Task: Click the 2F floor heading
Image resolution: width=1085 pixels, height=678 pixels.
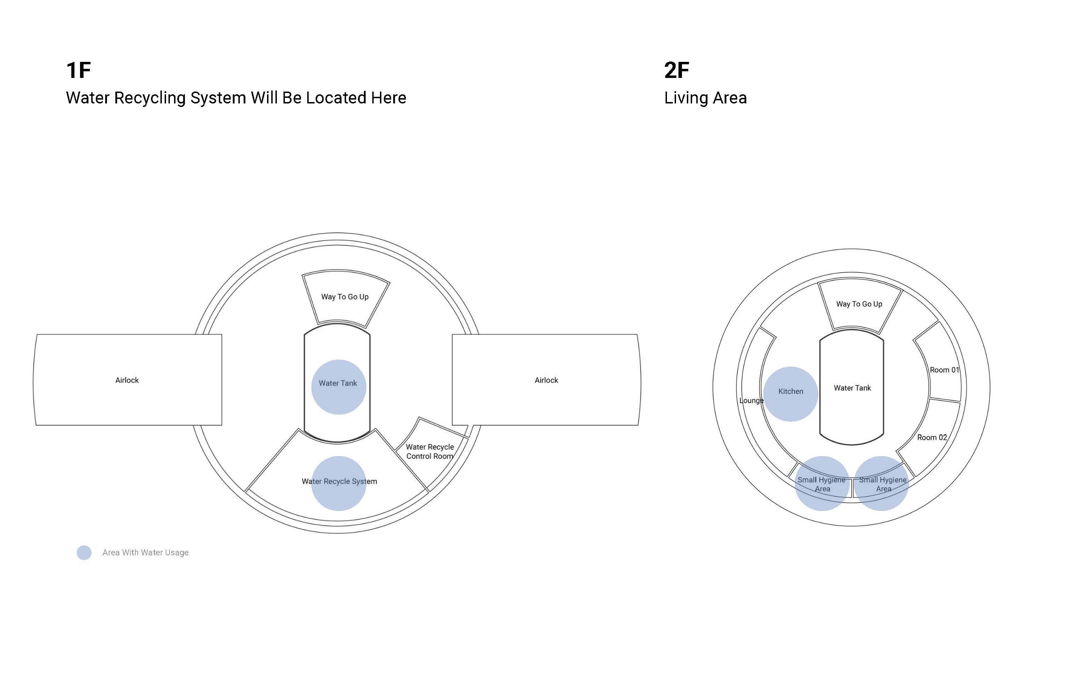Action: [x=677, y=70]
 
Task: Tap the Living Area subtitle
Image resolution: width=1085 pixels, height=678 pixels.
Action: [x=705, y=98]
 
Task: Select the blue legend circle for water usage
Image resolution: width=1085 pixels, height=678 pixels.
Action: [x=84, y=553]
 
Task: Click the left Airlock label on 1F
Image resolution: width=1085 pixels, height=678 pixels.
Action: [x=127, y=380]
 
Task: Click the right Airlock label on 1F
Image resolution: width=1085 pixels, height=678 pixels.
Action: [x=546, y=380]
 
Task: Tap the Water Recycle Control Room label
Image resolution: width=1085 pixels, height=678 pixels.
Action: [x=430, y=452]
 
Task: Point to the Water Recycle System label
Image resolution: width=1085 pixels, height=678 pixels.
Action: [x=339, y=482]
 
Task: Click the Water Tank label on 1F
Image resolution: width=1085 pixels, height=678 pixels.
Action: [x=338, y=383]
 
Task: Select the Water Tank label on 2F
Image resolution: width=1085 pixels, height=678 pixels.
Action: [x=852, y=388]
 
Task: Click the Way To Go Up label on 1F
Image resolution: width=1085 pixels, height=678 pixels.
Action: [x=345, y=297]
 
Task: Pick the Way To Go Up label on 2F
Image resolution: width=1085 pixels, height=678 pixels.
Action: [x=859, y=304]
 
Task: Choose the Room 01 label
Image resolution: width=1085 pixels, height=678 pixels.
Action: [x=944, y=370]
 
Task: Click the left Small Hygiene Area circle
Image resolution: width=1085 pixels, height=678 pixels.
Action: [x=822, y=483]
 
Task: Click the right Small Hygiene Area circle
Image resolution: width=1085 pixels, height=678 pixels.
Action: [x=882, y=483]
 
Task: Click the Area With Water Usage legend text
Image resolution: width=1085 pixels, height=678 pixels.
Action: [x=145, y=553]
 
